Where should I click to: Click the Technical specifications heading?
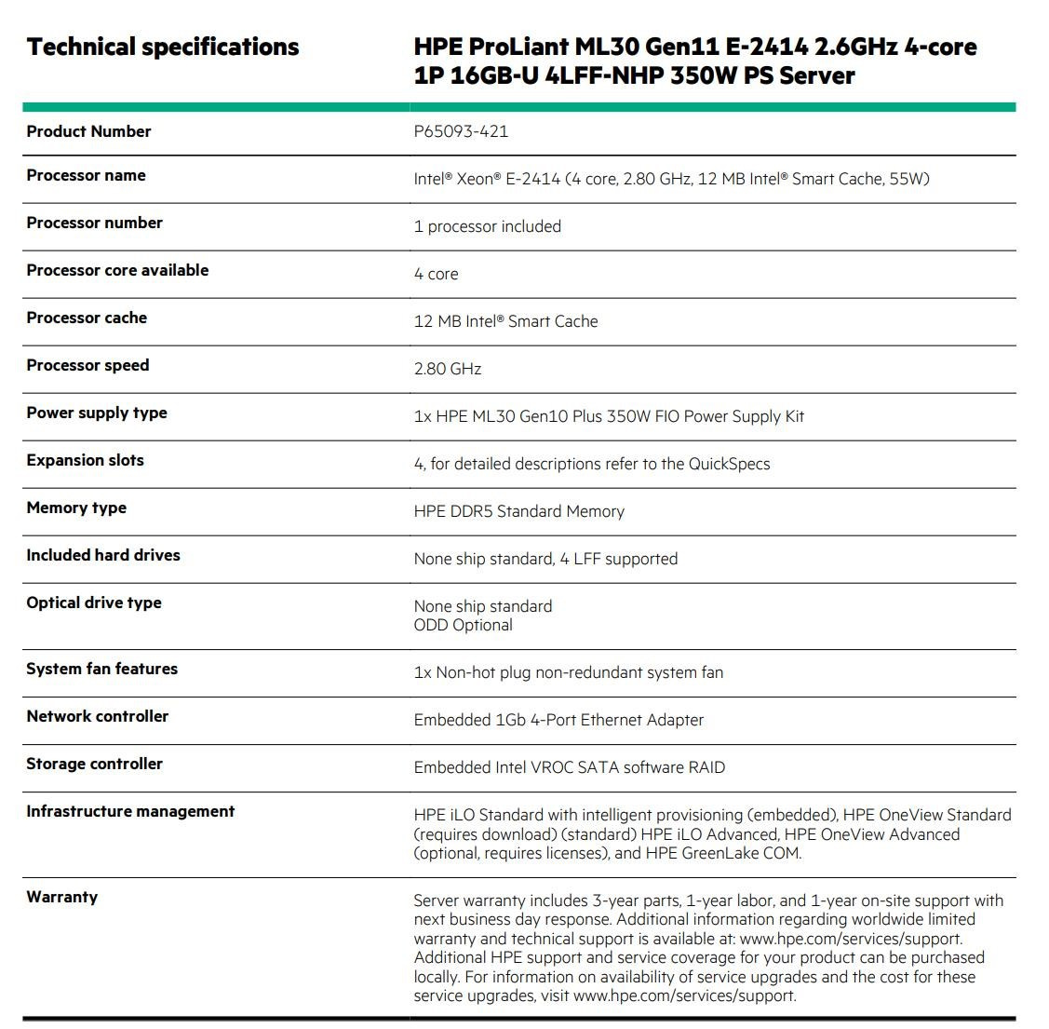(x=163, y=47)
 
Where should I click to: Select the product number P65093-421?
(x=461, y=131)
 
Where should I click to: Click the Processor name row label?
(x=86, y=176)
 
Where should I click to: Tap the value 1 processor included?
(x=487, y=226)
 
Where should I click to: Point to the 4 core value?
(x=436, y=274)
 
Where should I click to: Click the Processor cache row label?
(x=87, y=318)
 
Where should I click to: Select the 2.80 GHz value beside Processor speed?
(x=448, y=369)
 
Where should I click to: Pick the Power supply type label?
(x=97, y=413)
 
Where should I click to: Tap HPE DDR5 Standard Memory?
(x=518, y=511)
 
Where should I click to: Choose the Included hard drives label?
(x=103, y=556)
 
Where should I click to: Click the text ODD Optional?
(x=463, y=625)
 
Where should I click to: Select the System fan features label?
(x=101, y=670)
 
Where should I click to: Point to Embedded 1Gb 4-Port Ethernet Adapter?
(x=558, y=720)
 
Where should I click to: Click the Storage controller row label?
(x=94, y=765)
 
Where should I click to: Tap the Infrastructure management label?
(x=130, y=812)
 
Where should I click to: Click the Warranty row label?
(x=61, y=898)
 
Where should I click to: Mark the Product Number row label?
(x=88, y=132)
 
